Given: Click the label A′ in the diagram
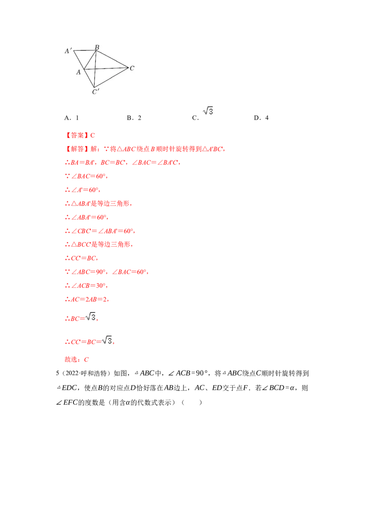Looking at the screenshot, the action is tap(68, 51).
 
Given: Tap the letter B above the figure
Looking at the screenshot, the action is tap(97, 47).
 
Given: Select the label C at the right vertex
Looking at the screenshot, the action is tap(132, 68).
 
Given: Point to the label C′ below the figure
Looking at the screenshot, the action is tap(95, 92).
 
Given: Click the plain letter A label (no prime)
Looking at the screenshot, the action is tap(78, 72).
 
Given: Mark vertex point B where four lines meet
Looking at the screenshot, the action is tap(96, 50).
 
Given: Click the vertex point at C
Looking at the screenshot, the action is tap(128, 68).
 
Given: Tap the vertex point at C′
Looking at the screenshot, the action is tap(94, 87).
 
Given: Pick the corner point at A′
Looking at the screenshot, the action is tap(74, 50).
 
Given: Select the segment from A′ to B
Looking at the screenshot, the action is tap(85, 50).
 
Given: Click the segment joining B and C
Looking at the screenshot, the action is tap(112, 59).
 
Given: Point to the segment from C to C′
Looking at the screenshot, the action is tap(111, 77).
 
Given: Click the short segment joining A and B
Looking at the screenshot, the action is tap(90, 60).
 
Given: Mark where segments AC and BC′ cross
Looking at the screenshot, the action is tap(95, 69).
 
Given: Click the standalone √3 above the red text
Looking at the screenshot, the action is tap(207, 111).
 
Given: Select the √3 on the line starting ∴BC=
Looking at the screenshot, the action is tap(92, 317).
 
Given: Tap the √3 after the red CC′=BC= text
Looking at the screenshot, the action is tap(107, 341).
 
